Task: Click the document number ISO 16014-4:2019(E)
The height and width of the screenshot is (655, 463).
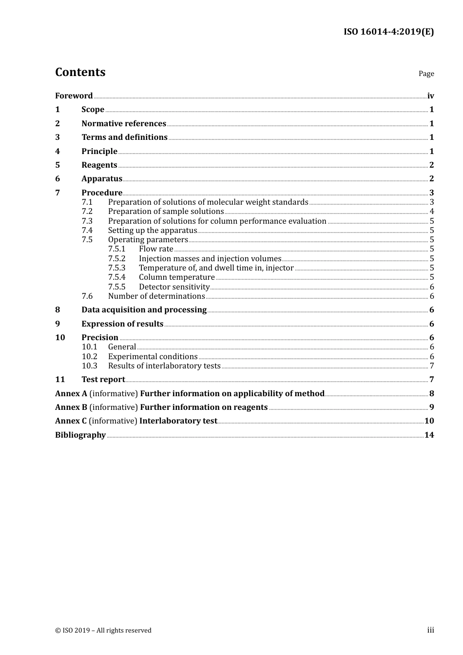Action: (x=388, y=32)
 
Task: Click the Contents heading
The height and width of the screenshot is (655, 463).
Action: (x=80, y=72)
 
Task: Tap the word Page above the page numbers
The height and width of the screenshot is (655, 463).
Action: (x=426, y=74)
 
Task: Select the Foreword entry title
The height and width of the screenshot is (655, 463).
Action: (x=74, y=96)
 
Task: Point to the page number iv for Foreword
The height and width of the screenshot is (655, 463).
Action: (x=430, y=96)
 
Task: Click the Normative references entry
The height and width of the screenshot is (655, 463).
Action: (x=124, y=124)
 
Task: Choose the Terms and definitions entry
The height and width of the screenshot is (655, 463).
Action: (x=124, y=137)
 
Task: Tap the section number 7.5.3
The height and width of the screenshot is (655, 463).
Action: (x=116, y=268)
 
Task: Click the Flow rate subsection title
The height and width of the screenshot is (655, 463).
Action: (x=156, y=249)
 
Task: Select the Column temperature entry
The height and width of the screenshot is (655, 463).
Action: (x=176, y=277)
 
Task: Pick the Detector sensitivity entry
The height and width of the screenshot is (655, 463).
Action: (x=174, y=287)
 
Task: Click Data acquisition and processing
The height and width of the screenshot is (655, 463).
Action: (x=144, y=310)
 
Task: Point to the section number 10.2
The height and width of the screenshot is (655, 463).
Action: (x=89, y=357)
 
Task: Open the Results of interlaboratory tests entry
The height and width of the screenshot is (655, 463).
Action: (x=164, y=366)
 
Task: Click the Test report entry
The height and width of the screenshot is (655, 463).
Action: (x=103, y=380)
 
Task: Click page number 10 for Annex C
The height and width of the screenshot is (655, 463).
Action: (x=429, y=421)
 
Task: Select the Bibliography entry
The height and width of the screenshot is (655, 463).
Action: (x=80, y=435)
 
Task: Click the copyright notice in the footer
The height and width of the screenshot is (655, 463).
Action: (x=103, y=631)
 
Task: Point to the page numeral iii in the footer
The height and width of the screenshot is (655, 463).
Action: (x=430, y=630)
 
